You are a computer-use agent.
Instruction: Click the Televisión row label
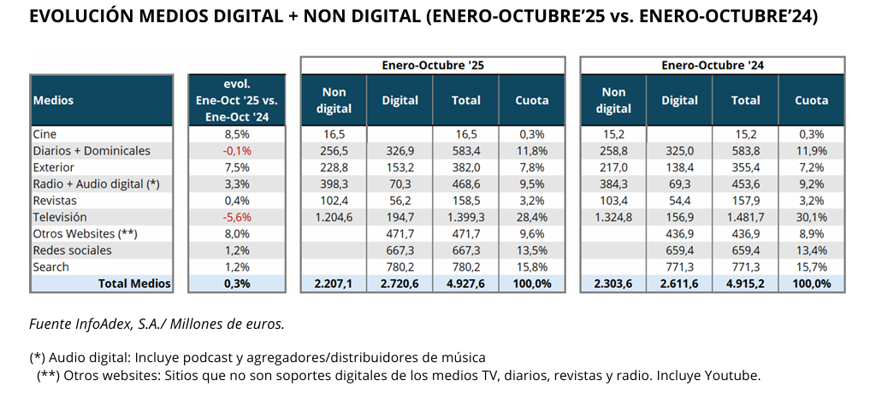(59, 218)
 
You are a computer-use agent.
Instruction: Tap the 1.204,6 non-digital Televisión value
(333, 218)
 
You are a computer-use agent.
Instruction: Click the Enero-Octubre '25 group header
(432, 65)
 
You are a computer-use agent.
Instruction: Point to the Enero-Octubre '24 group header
(712, 65)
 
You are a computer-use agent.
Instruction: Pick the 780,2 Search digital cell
(400, 267)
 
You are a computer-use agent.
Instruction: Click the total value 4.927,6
(466, 284)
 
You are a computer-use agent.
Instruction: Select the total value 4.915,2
(745, 284)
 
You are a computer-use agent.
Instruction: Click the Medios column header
(53, 100)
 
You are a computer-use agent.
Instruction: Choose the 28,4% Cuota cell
(531, 218)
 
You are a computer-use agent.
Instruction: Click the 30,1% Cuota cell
(811, 218)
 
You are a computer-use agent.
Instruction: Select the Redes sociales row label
(72, 250)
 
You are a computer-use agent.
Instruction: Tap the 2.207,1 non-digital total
(333, 284)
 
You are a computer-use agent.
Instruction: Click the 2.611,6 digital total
(679, 284)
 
